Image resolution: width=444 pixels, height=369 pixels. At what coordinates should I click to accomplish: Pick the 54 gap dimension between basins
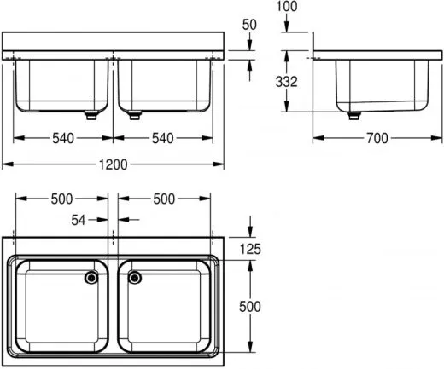79,220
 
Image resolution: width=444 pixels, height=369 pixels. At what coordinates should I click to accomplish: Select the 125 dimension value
250,249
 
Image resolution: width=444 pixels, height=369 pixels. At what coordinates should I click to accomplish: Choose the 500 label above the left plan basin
61,199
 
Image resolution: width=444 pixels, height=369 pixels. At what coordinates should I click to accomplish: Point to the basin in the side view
380,85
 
